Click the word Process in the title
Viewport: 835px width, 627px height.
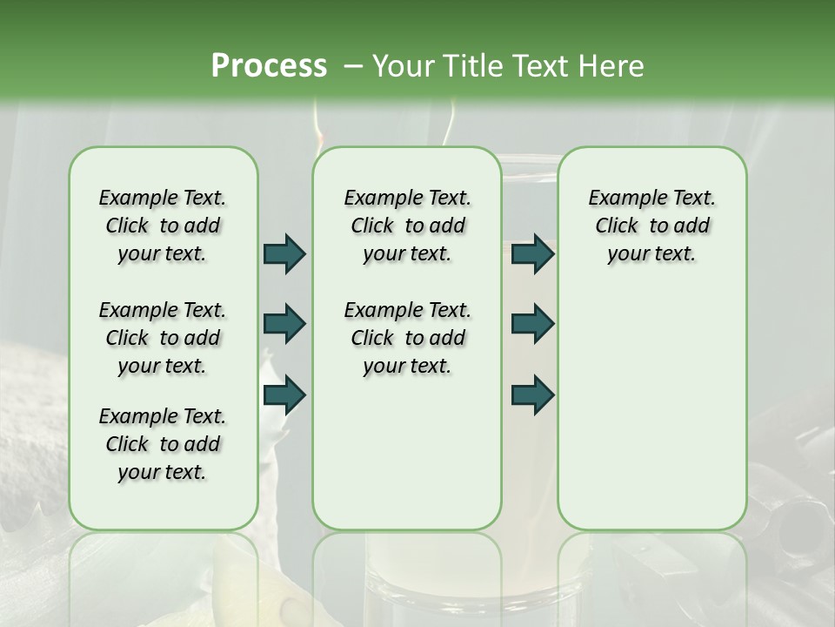click(x=268, y=66)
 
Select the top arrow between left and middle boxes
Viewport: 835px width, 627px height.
click(x=284, y=253)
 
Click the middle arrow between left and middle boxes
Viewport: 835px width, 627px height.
click(x=284, y=324)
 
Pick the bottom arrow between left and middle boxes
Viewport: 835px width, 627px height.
click(x=284, y=394)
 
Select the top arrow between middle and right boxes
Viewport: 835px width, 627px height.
click(x=532, y=253)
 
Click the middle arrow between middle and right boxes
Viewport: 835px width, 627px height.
click(x=532, y=324)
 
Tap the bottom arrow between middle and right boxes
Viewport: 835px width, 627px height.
click(x=532, y=394)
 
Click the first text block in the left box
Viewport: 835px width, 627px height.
click(x=163, y=226)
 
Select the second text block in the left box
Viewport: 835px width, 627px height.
click(x=163, y=338)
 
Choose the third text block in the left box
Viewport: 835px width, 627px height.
click(x=163, y=444)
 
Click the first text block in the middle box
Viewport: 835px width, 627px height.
click(x=407, y=226)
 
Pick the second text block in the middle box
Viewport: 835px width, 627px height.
click(x=407, y=338)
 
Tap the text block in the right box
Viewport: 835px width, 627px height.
click(x=651, y=226)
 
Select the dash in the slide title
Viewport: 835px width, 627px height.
click(x=353, y=66)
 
